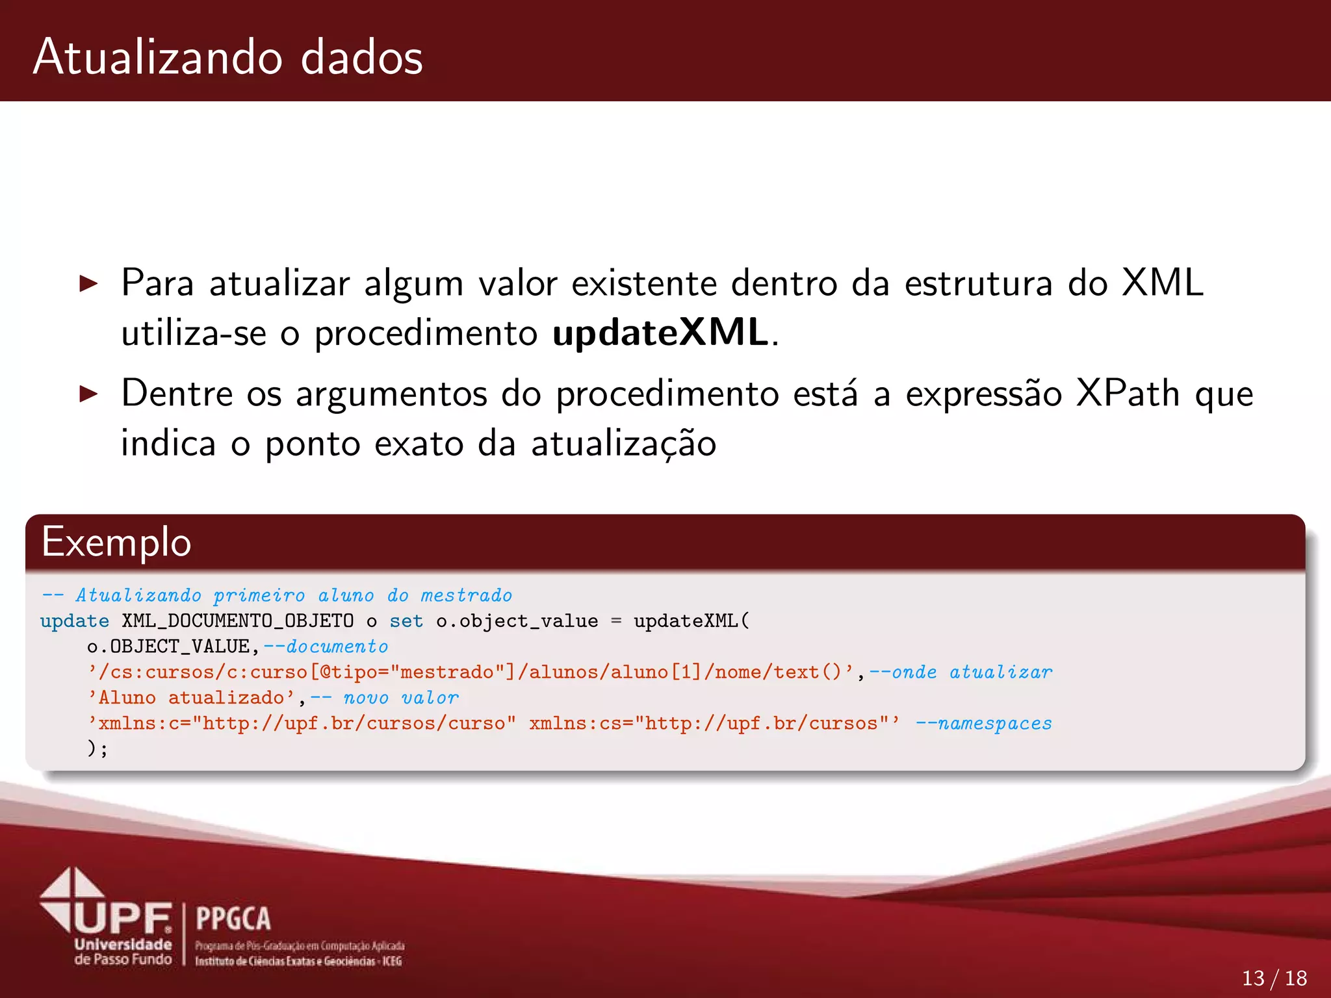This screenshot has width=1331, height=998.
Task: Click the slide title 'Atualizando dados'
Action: tap(227, 57)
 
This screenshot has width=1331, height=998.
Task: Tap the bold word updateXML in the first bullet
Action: tap(660, 333)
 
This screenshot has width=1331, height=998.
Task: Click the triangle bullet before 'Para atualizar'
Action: tap(88, 283)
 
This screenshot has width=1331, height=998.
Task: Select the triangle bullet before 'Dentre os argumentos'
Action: tap(88, 394)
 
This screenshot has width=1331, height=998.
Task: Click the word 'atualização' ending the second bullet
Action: tap(623, 444)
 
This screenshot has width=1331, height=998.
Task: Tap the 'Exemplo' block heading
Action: tap(116, 543)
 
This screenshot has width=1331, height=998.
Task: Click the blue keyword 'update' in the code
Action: tap(74, 621)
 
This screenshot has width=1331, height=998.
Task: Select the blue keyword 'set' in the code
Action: tap(406, 621)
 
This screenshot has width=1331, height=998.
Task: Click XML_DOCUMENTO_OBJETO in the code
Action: tap(238, 621)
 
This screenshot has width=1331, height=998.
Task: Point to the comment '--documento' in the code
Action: tap(326, 646)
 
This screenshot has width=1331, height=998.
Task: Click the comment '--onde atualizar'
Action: tap(961, 672)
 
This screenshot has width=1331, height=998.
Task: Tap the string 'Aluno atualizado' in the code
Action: tap(191, 698)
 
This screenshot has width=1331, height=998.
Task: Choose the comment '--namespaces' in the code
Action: tap(983, 723)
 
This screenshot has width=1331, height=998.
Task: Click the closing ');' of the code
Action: tap(97, 748)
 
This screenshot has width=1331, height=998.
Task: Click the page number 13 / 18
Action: tap(1274, 978)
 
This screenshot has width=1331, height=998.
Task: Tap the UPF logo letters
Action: tap(123, 918)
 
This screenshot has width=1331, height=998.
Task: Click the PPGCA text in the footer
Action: tap(233, 919)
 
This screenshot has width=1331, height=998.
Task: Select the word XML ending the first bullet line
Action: tap(1163, 283)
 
